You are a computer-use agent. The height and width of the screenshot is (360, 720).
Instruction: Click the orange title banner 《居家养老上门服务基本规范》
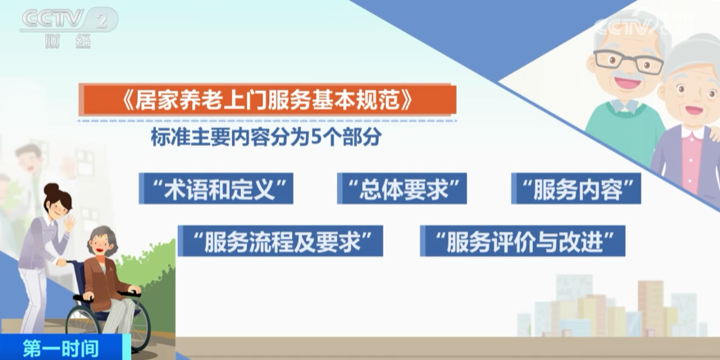click(x=267, y=100)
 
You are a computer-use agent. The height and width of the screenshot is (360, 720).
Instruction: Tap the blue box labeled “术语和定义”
click(x=216, y=189)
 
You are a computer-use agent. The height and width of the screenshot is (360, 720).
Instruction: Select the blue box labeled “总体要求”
click(x=402, y=189)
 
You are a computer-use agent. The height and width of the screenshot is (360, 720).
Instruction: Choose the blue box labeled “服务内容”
click(x=576, y=189)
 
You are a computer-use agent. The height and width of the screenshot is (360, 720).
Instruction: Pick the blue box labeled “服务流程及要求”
click(x=280, y=240)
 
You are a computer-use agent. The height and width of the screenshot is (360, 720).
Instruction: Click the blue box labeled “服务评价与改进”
click(x=522, y=240)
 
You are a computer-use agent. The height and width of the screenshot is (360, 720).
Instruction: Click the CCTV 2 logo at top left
click(x=68, y=21)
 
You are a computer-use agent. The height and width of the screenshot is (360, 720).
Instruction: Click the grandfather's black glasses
click(x=628, y=61)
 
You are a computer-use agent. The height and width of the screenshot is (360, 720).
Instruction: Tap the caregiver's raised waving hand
click(x=70, y=224)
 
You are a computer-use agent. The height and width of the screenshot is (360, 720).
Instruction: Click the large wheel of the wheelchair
click(x=108, y=325)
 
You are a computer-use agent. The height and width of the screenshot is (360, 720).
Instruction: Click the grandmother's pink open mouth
click(x=694, y=110)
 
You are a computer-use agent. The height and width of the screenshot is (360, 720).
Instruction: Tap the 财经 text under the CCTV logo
click(x=68, y=41)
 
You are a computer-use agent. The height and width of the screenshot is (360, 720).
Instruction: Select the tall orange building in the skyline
click(x=650, y=308)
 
